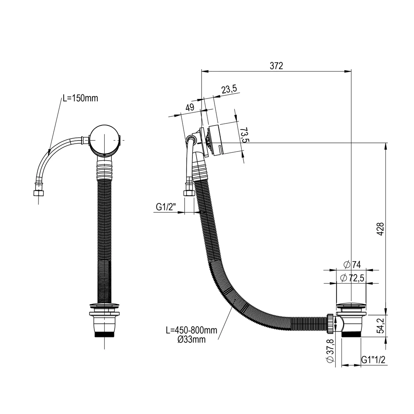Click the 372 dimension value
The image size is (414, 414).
[x=276, y=66]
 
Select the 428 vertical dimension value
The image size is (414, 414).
[x=380, y=229]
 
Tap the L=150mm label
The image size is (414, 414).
[x=80, y=98]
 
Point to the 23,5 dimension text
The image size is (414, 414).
[x=229, y=89]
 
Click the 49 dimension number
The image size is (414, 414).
[x=190, y=107]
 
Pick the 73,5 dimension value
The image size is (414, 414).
[x=245, y=135]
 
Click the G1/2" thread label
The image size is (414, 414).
[x=166, y=207]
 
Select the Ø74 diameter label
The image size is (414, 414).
[x=352, y=264]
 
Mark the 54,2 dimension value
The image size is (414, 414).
[x=380, y=326]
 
